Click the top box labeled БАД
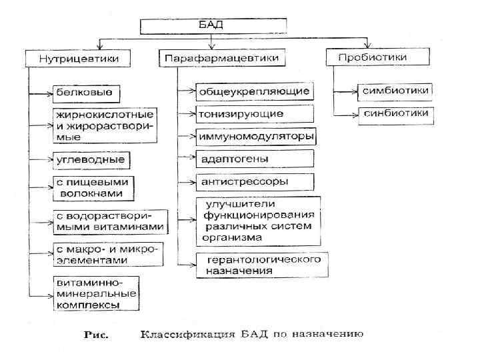tap(213, 26)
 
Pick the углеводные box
tap(89, 160)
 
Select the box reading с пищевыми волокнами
tap(93, 187)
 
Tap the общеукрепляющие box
tap(253, 90)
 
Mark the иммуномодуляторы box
tap(255, 137)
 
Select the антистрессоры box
tap(253, 181)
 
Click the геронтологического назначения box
tap(257, 264)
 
